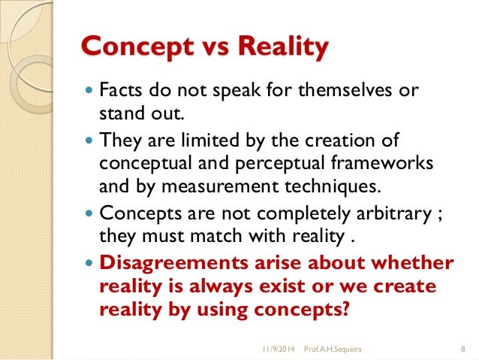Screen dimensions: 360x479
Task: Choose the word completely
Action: tap(300, 212)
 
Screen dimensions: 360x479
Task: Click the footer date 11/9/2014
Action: tap(278, 349)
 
